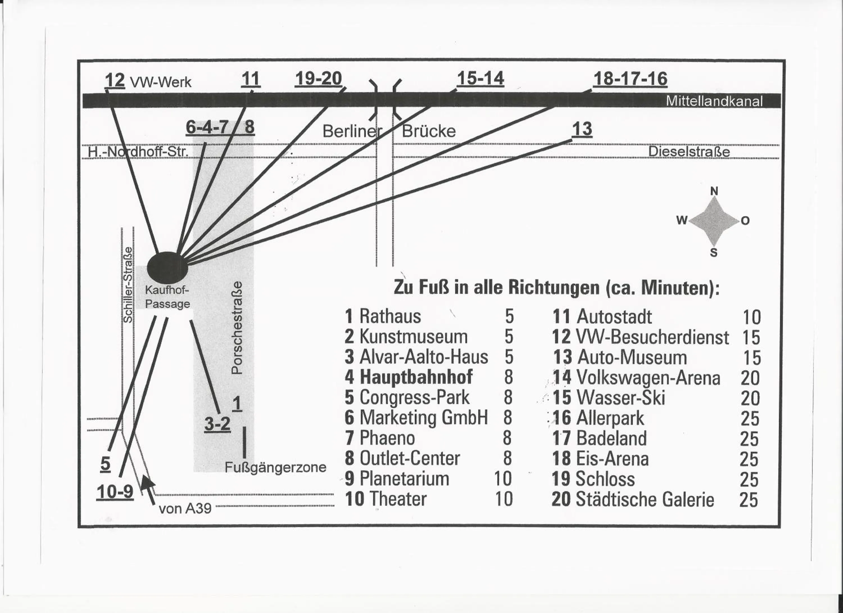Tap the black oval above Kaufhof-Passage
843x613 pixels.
click(167, 267)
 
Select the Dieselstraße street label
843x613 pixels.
click(689, 152)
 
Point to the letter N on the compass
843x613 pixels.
click(714, 191)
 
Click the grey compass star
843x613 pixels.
click(714, 221)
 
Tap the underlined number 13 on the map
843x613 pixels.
click(582, 129)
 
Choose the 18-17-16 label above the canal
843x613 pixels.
click(630, 79)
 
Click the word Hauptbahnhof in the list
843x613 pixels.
click(416, 377)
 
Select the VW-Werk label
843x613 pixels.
click(160, 82)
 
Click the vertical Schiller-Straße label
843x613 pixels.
click(128, 285)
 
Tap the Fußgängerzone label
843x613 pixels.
click(275, 467)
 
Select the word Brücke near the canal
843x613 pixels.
click(429, 131)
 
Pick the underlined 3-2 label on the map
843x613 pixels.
click(217, 424)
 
